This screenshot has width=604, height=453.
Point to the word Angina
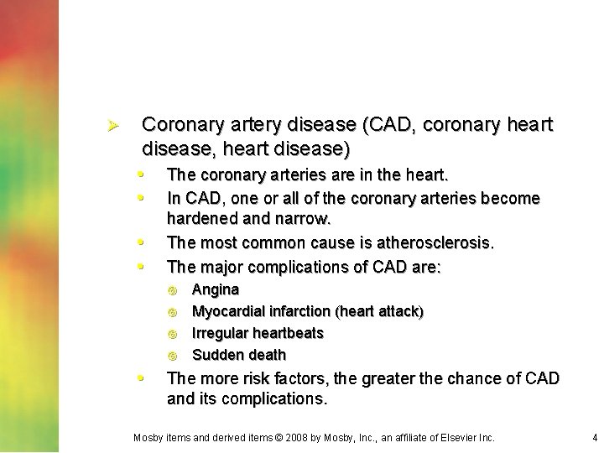pyautogui.click(x=216, y=290)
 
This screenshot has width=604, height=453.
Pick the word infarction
pyautogui.click(x=301, y=312)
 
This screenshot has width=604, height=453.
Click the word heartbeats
pyautogui.click(x=289, y=333)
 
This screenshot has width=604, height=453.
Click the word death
pyautogui.click(x=268, y=355)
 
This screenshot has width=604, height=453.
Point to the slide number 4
pyautogui.click(x=594, y=437)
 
